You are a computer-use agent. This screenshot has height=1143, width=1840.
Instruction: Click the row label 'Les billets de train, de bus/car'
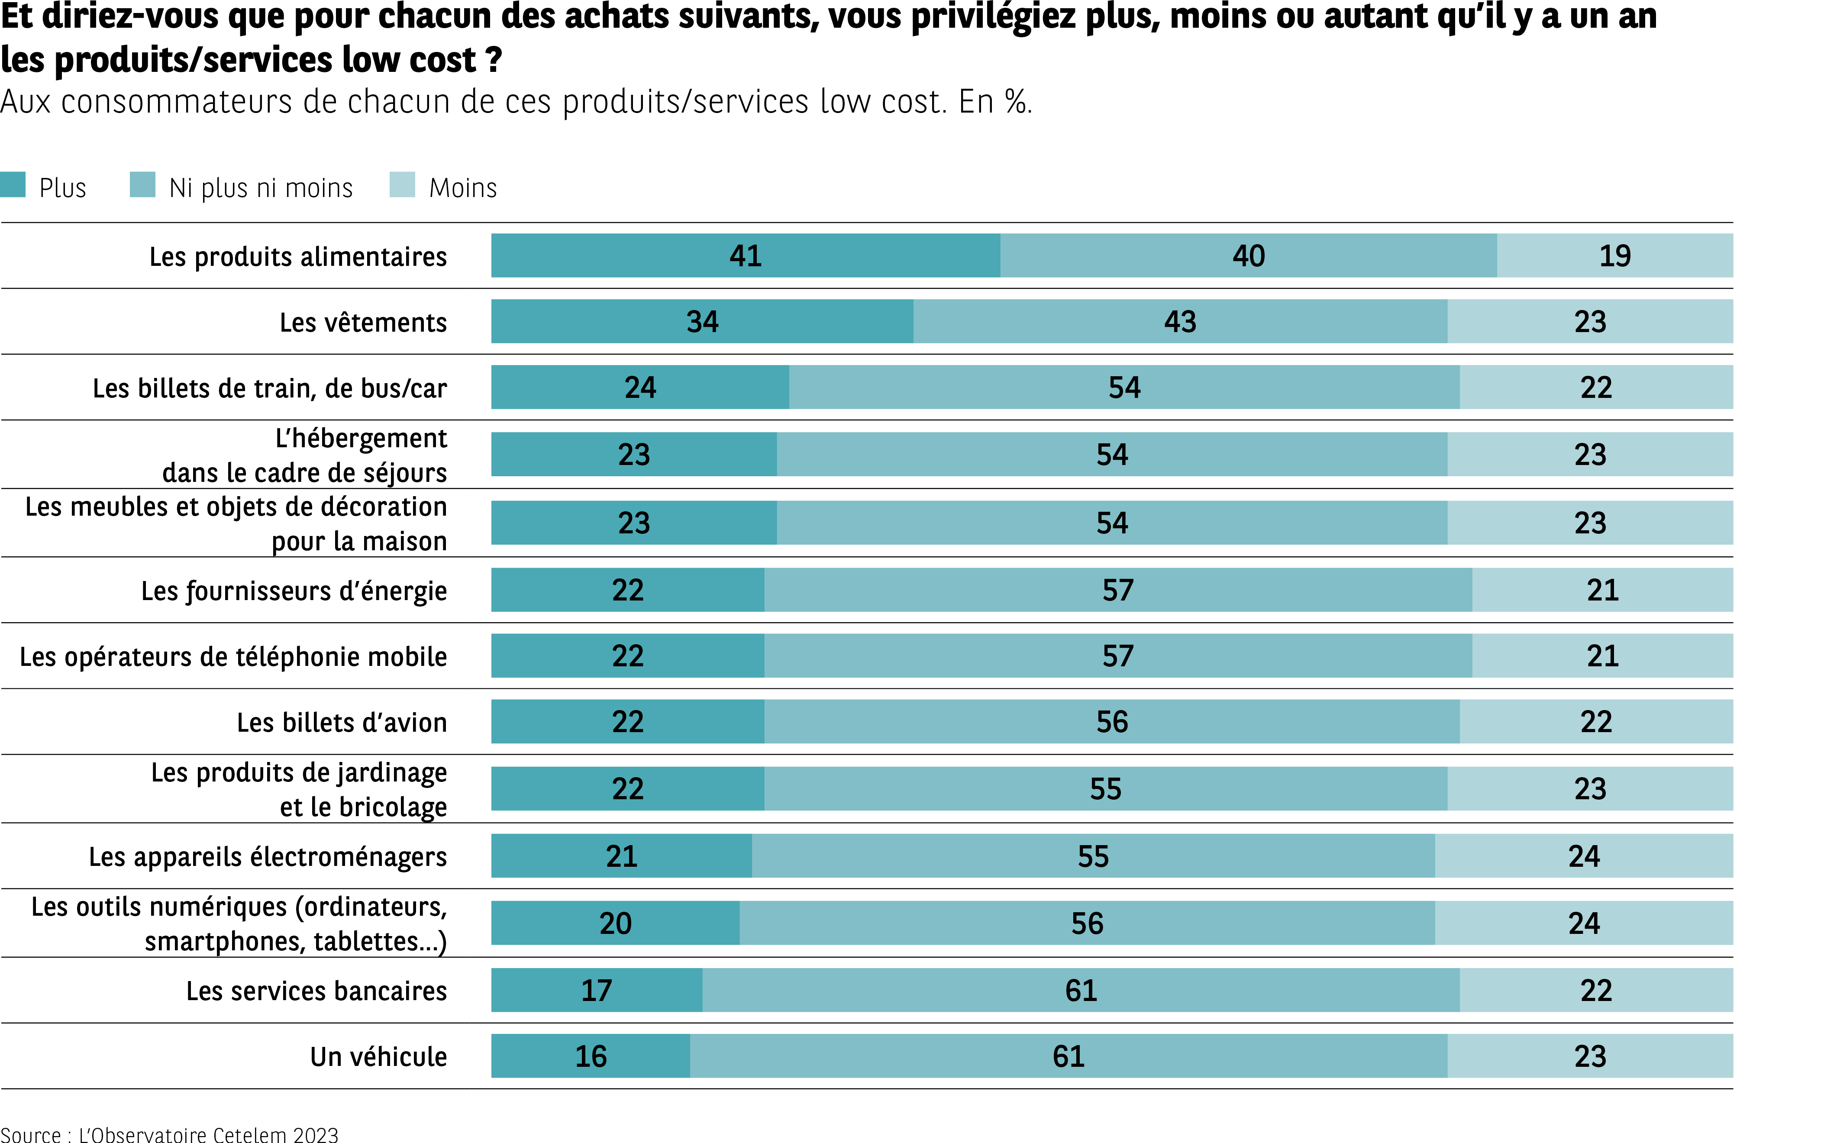(x=270, y=388)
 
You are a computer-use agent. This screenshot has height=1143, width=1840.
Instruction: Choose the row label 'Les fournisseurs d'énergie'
(x=294, y=591)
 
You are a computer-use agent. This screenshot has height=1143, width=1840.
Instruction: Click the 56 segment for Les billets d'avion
(x=1112, y=722)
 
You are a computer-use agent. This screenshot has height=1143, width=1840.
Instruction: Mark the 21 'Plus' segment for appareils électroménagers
(x=621, y=856)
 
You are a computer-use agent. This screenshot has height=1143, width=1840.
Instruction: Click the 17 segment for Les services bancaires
(x=597, y=990)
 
